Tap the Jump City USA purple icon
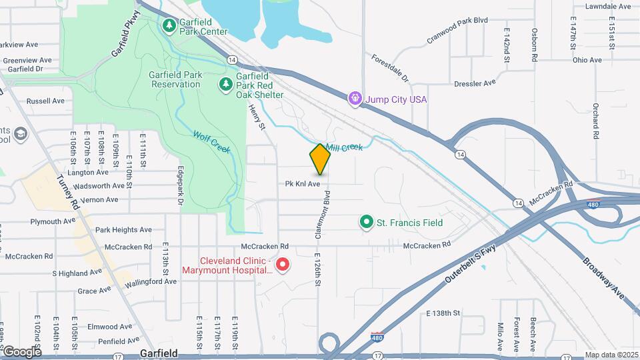coord(355,99)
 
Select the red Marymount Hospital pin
coord(282,265)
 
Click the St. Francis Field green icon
coord(366,222)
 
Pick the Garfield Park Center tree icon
coord(170,26)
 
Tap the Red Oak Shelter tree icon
coord(226,85)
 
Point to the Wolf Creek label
coord(211,142)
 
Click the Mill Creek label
coord(344,145)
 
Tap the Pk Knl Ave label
coord(303,183)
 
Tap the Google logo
coord(21,351)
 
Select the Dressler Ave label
coord(475,83)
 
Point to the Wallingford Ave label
coord(154,281)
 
